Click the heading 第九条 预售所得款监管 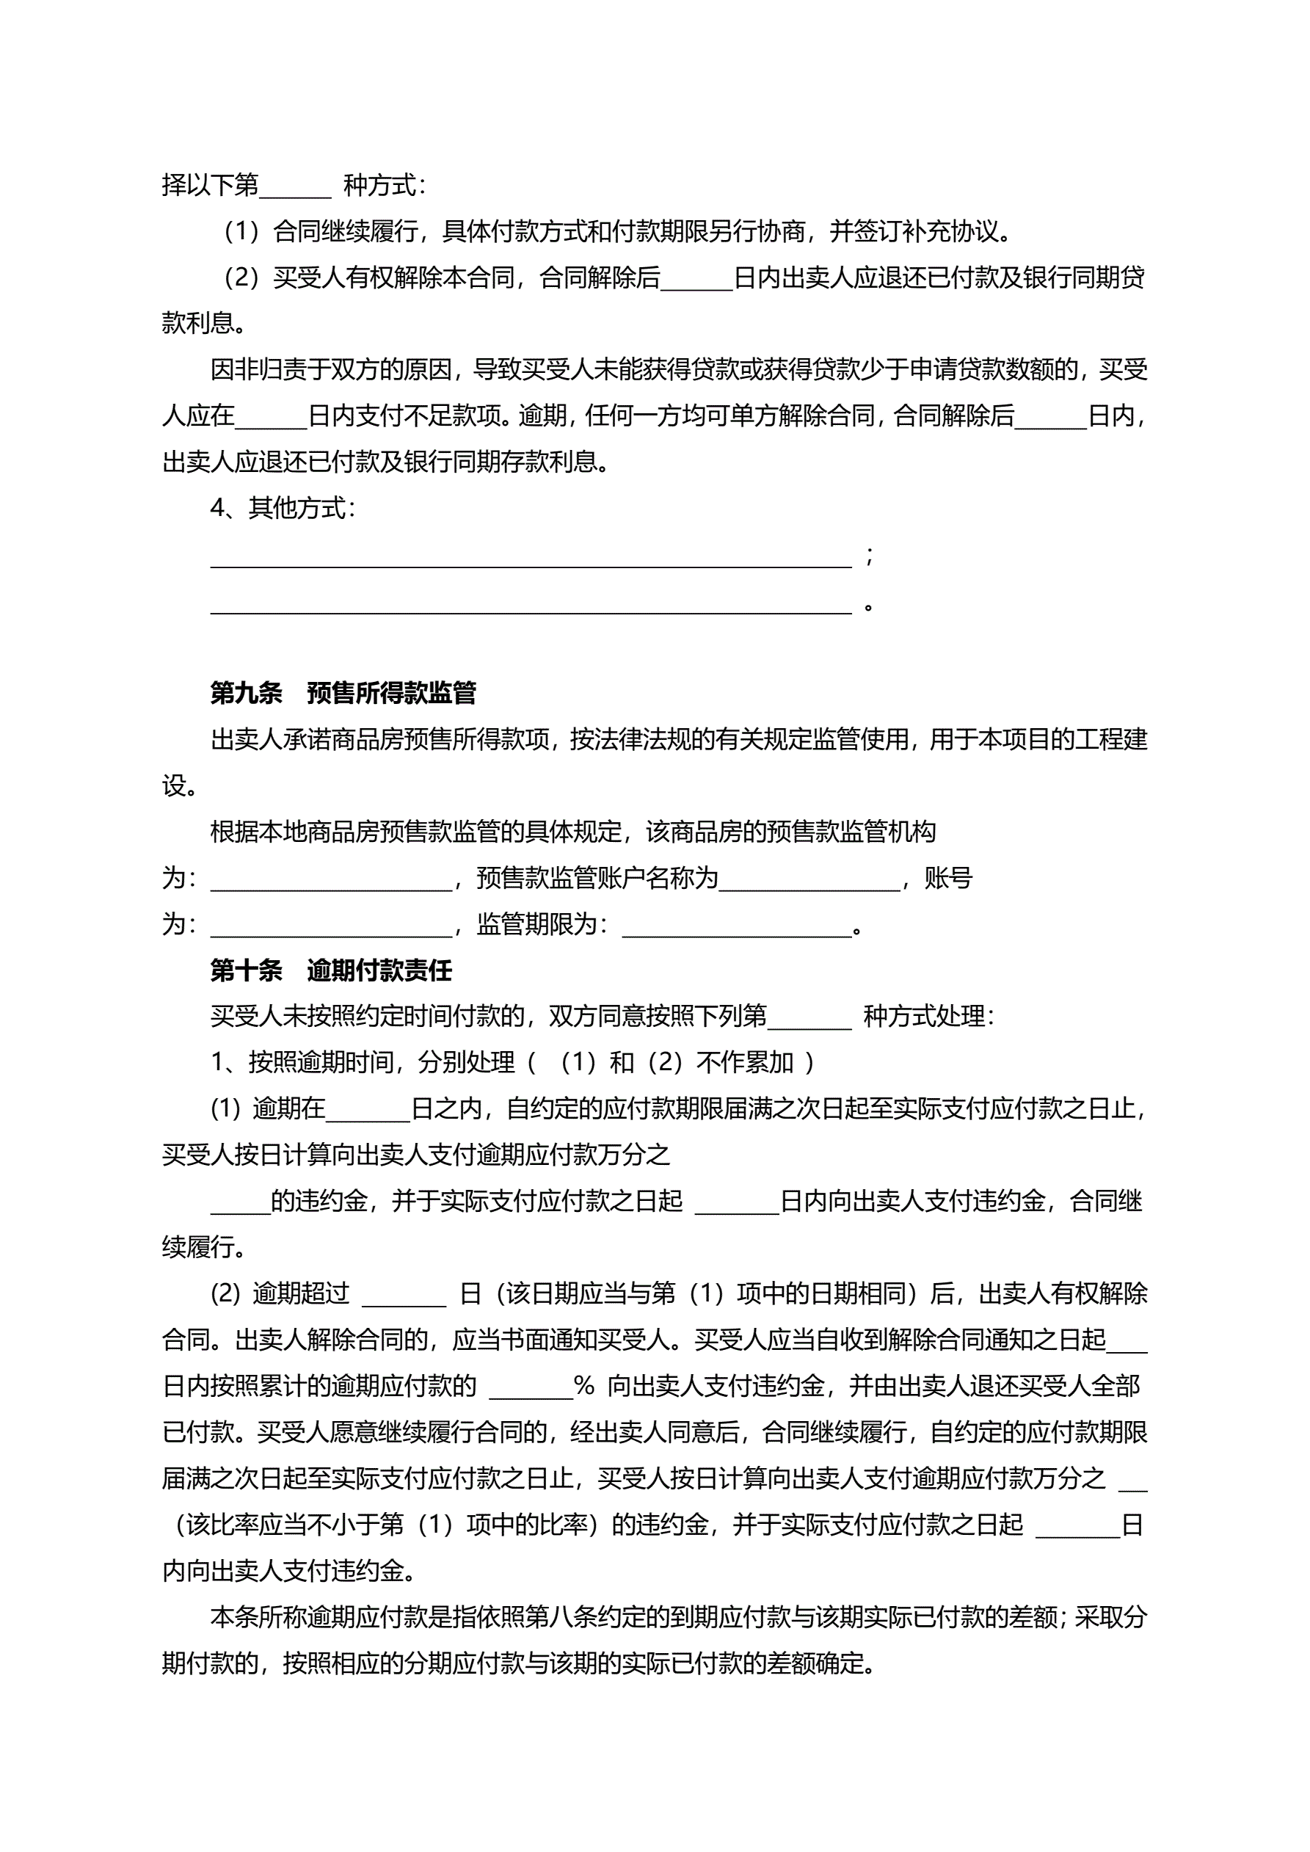point(343,693)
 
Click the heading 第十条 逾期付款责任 point(331,970)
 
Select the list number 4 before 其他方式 point(217,508)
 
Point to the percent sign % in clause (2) point(584,1387)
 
